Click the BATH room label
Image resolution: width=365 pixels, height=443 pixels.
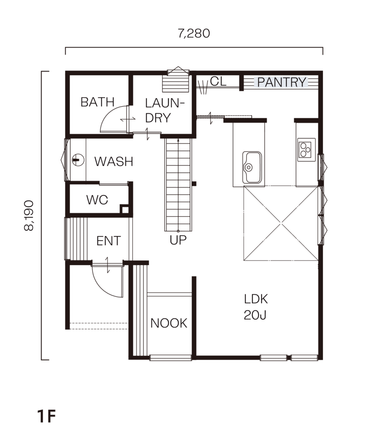coord(97,102)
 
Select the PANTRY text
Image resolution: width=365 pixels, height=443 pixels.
coord(282,82)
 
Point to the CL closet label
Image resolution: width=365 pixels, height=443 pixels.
coord(218,81)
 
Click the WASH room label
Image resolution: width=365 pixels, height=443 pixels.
coord(114,162)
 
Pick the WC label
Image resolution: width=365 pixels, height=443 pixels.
coord(97,200)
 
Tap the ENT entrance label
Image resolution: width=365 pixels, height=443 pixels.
coord(109,241)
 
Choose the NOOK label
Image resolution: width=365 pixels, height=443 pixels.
coord(169,323)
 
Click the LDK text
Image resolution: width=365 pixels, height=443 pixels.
coord(256,299)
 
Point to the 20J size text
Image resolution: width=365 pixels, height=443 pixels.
coord(255,315)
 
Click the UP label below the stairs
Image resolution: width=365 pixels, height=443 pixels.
coord(178,240)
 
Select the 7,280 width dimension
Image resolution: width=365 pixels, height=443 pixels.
coord(194,33)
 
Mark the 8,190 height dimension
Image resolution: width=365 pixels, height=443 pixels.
coord(29,215)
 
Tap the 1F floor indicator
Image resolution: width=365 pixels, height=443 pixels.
coord(46,416)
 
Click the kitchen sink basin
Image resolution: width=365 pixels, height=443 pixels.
coord(252,167)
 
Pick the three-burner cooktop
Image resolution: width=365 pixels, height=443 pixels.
coord(307,150)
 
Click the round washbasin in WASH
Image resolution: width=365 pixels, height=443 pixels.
coord(78,160)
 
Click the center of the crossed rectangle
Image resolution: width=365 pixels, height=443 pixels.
coord(281,224)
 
